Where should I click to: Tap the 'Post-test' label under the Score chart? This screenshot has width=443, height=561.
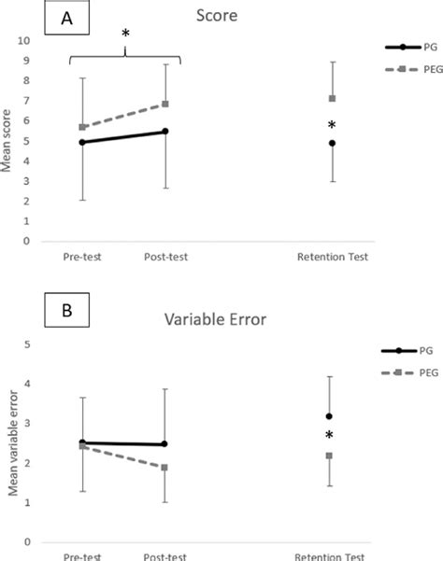pyautogui.click(x=166, y=258)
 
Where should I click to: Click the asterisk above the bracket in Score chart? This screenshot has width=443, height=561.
pyautogui.click(x=125, y=35)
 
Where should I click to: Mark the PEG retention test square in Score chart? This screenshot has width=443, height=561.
pyautogui.click(x=332, y=98)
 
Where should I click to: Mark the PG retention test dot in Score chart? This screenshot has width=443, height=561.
pyautogui.click(x=332, y=143)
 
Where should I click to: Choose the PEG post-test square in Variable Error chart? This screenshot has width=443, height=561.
pyautogui.click(x=165, y=467)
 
